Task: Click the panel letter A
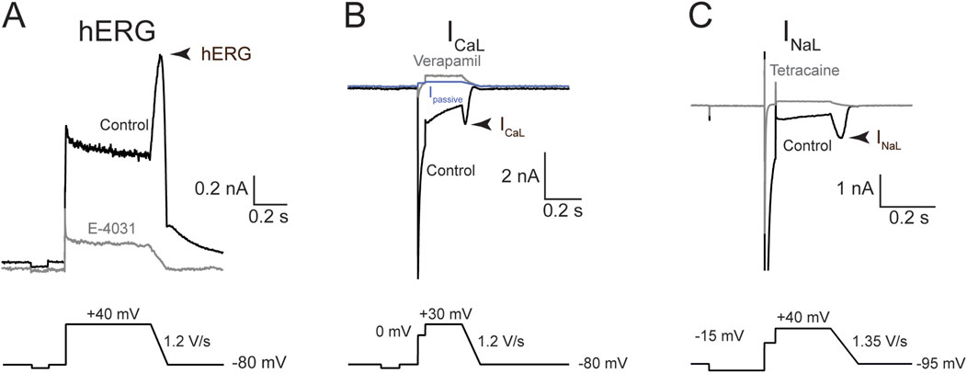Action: point(17,18)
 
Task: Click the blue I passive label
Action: point(443,97)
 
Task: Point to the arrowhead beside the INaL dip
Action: point(857,137)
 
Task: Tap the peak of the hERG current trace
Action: point(161,56)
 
